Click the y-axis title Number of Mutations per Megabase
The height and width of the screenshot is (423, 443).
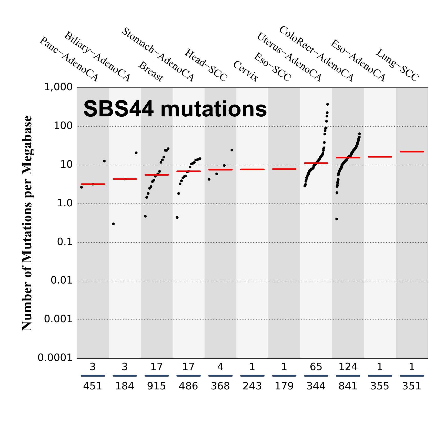click(27, 223)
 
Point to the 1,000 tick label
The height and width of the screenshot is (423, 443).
click(58, 87)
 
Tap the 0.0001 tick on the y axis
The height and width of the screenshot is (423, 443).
click(55, 357)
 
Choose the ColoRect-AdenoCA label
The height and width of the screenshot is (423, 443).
click(316, 54)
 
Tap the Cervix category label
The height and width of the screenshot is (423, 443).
click(246, 72)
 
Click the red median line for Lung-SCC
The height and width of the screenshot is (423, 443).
click(412, 152)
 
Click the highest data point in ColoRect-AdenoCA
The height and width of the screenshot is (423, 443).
click(327, 104)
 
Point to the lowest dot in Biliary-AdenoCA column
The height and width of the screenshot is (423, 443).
click(113, 224)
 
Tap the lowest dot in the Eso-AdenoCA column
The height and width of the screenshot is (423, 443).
click(337, 219)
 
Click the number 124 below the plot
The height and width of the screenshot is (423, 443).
click(348, 367)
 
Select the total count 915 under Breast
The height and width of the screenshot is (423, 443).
click(156, 386)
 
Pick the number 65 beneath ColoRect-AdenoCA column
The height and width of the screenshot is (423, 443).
click(316, 367)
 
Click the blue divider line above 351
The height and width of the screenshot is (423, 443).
click(412, 376)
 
